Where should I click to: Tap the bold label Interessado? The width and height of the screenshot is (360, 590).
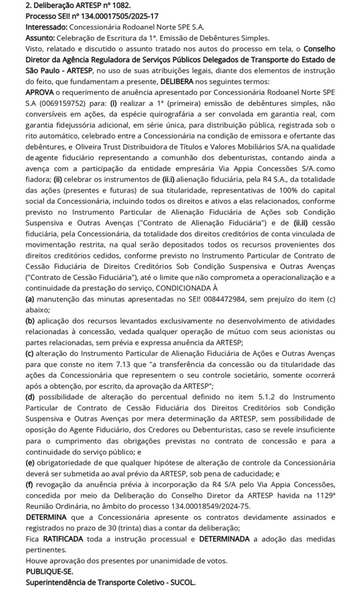pyautogui.click(x=47, y=27)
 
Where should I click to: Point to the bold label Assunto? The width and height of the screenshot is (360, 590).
pyautogui.click(x=40, y=38)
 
